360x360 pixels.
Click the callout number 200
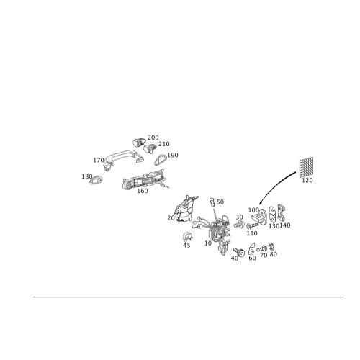(153, 138)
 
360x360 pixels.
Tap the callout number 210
(164, 144)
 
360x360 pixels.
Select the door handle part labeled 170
(122, 159)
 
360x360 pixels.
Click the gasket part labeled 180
(96, 180)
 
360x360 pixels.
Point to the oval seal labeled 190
(160, 160)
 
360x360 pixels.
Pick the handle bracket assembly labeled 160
(144, 179)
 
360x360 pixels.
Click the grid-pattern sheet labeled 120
(306, 167)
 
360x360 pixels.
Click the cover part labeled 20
(186, 208)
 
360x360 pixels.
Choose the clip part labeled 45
(187, 237)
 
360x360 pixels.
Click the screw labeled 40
(239, 252)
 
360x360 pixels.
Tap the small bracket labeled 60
(251, 248)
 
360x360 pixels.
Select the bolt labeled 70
(262, 248)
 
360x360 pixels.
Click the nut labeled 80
(271, 246)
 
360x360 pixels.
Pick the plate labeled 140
(281, 212)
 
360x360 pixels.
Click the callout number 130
(274, 226)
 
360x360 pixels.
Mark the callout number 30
(239, 217)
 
